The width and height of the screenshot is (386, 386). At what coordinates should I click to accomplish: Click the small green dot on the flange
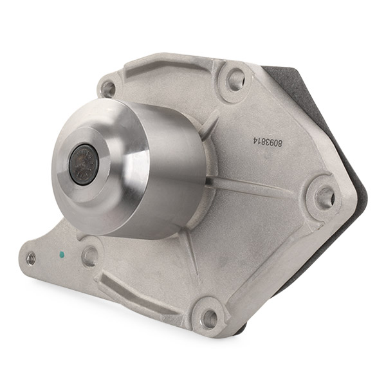point(62,254)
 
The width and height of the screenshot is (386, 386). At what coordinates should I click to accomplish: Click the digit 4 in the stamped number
point(255,140)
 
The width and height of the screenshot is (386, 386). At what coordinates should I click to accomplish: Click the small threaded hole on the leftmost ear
point(32,258)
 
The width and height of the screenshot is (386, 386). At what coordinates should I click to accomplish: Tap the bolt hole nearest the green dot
point(90,257)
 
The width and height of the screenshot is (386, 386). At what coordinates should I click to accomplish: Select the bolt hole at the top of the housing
point(235,77)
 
